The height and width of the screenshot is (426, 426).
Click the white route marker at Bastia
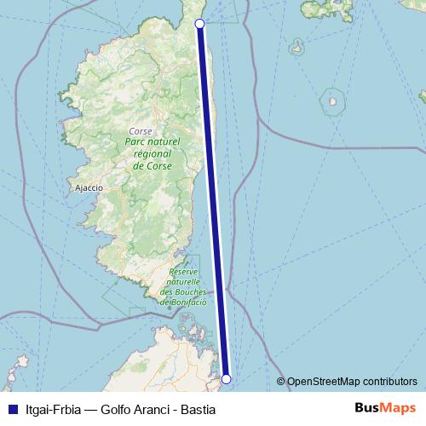click(199, 24)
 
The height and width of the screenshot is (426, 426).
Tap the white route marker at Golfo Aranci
click(227, 378)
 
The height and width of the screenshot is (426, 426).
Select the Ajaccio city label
click(89, 187)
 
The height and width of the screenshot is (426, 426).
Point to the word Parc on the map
click(137, 146)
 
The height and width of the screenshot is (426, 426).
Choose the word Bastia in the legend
click(199, 410)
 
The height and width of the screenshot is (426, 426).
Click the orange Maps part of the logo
click(399, 408)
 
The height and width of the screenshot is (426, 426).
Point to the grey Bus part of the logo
click(366, 408)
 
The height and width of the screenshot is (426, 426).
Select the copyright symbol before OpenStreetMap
click(282, 382)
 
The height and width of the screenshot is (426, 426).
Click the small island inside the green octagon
click(331, 105)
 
